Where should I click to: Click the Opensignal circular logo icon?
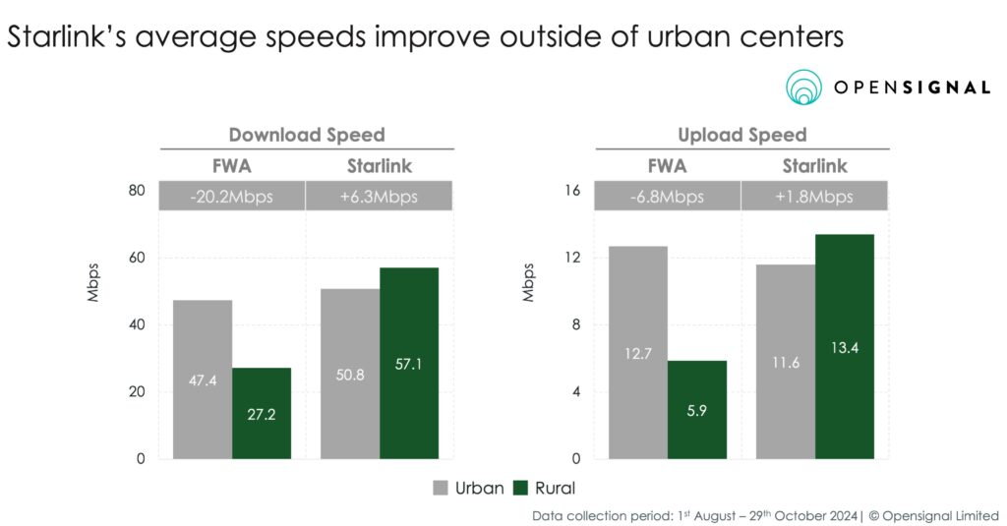tap(805, 88)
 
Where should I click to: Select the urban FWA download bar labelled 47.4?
tap(204, 380)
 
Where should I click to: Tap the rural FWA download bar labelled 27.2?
tap(262, 413)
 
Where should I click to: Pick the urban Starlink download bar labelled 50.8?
tap(350, 374)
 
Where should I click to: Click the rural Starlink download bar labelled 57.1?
tap(409, 363)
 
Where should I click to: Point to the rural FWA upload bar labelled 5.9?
tap(697, 409)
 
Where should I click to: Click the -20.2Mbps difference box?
tap(232, 197)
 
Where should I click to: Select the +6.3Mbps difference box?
tap(380, 197)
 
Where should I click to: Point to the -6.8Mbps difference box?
tap(668, 197)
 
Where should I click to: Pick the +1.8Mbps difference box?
tap(815, 197)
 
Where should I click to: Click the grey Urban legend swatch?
tap(441, 488)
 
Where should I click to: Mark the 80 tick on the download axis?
tap(137, 192)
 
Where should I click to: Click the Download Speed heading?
tap(307, 135)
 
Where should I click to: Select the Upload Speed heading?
tap(741, 135)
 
